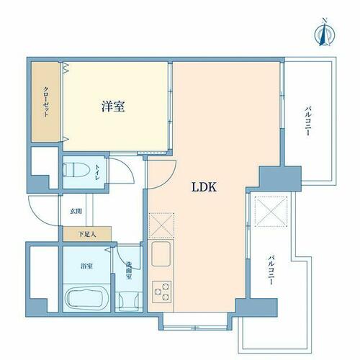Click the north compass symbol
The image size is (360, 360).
tap(325, 33)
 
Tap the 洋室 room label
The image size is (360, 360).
tap(113, 107)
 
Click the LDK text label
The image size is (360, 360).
tap(204, 187)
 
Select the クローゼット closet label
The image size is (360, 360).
tap(46, 102)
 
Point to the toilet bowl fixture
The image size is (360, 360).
tap(76, 170)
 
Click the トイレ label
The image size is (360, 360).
tap(98, 172)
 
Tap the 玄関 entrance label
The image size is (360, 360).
tap(76, 211)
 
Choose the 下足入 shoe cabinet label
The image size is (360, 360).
tap(87, 234)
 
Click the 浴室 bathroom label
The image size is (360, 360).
tap(87, 266)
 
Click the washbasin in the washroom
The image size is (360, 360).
tap(129, 301)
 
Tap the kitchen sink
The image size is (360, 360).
tap(161, 254)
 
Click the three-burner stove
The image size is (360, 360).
tap(162, 292)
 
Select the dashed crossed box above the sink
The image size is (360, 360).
tap(161, 225)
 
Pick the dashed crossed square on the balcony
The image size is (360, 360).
tap(271, 211)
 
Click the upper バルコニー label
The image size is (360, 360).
tap(308, 122)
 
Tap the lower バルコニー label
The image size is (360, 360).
tap(271, 271)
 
